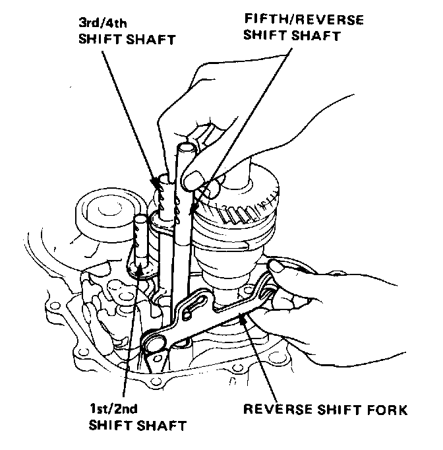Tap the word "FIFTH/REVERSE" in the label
[x=285, y=20]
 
